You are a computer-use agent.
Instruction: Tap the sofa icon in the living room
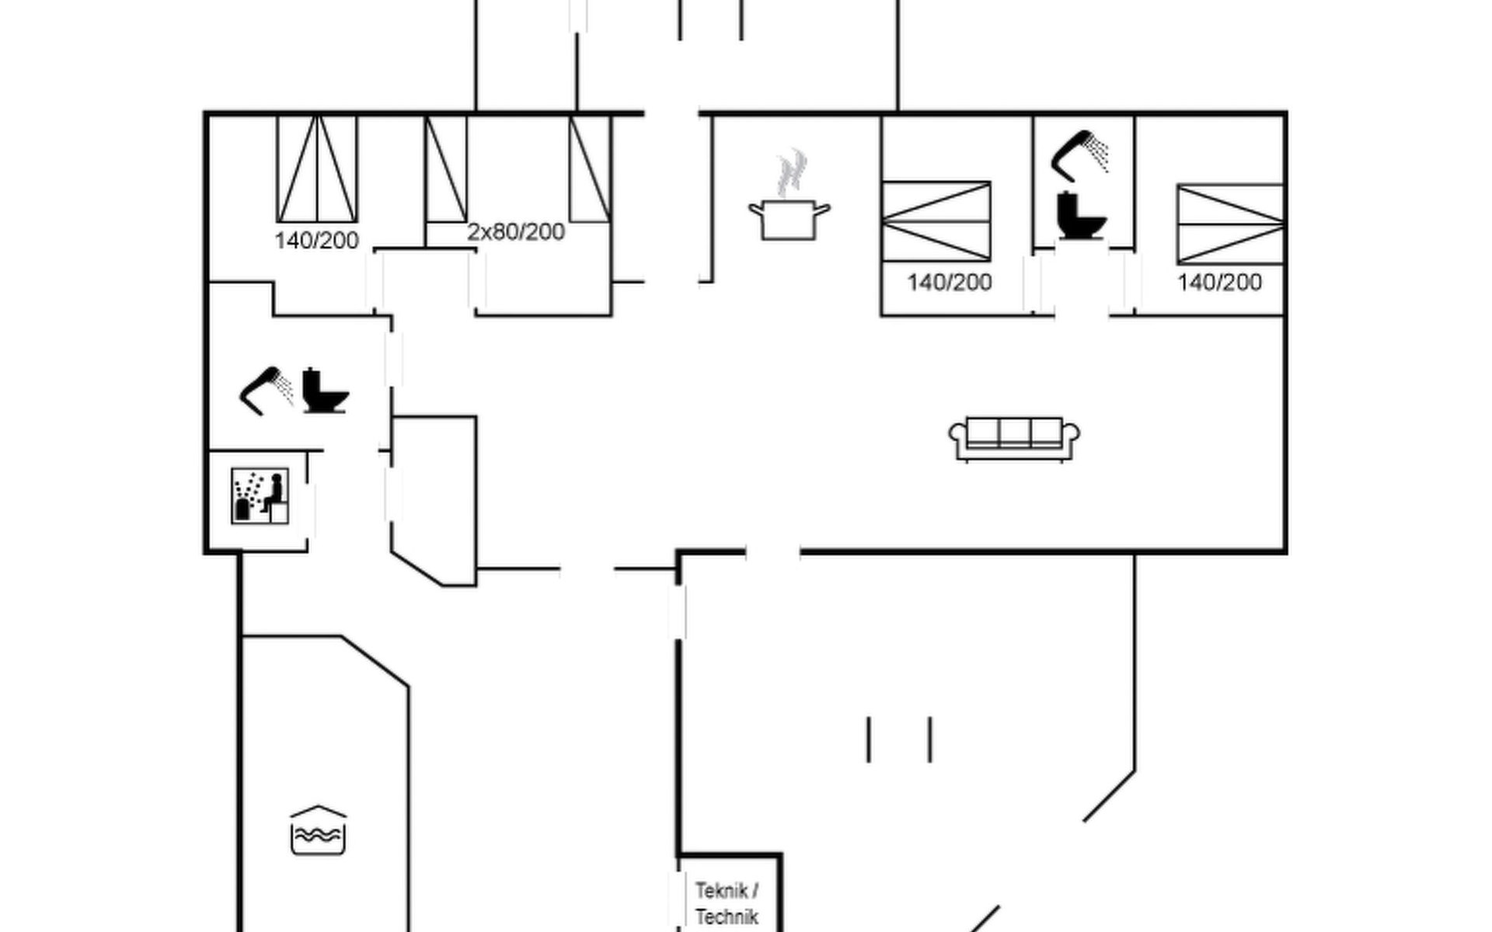coord(1013,440)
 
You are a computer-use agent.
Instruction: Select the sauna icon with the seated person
coord(260,496)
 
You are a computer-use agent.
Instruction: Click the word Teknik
coord(721,890)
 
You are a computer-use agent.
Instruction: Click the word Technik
coord(727,916)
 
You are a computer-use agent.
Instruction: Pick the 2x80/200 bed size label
coord(515,231)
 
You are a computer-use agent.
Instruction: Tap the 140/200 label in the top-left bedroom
coord(316,240)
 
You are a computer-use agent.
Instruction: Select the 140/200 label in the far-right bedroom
coord(1218,282)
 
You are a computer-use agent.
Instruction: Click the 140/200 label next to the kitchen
coord(949,282)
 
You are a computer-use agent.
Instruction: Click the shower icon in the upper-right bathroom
coord(1080,154)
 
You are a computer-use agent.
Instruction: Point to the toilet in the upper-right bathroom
coord(1080,215)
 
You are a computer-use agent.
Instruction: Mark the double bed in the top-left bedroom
coord(317,169)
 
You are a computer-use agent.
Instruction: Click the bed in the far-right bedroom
coord(1230,224)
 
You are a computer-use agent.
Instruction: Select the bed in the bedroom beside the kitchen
coord(936,221)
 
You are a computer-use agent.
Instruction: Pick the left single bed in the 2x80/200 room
coord(446,169)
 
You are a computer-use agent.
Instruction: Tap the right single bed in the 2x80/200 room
coord(590,169)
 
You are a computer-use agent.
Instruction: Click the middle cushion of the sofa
coord(1014,431)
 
